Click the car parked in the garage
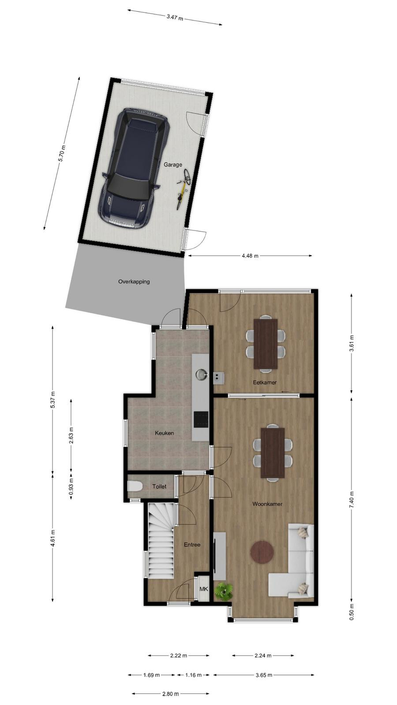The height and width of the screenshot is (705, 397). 135,167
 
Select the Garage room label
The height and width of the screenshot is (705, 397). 172,164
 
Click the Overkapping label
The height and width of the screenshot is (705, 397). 134,282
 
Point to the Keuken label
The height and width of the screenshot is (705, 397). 164,433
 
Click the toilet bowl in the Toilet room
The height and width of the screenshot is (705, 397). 135,486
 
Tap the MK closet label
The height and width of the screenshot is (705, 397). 204,589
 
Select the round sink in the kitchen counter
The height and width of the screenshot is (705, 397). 201,375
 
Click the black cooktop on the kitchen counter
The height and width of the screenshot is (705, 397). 201,419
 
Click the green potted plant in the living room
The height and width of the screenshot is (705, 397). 224,591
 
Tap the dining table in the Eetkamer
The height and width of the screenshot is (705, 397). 266,344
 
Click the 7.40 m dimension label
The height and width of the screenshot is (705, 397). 352,499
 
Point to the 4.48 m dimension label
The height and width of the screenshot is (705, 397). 250,256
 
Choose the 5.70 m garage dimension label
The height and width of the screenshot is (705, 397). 62,153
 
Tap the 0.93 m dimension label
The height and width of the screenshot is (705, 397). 71,486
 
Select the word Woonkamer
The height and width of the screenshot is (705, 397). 267,504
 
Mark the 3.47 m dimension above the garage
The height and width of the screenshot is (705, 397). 175,17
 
